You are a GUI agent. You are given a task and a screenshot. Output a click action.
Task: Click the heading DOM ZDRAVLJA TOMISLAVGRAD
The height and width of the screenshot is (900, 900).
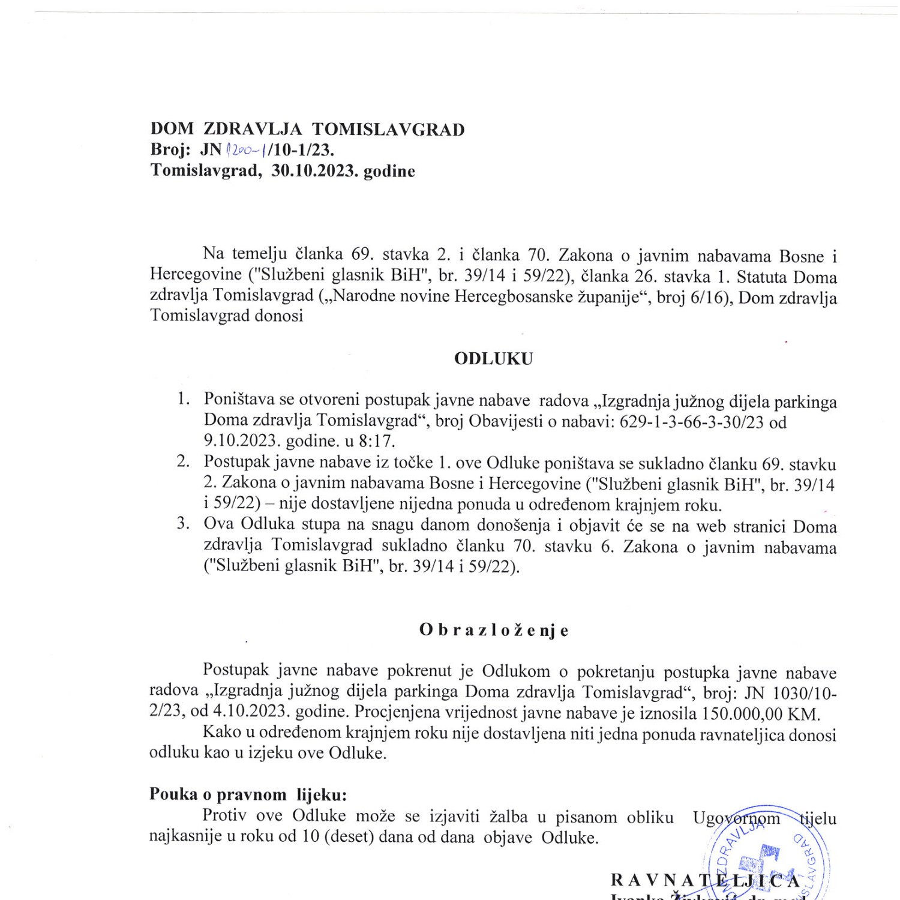point(307,130)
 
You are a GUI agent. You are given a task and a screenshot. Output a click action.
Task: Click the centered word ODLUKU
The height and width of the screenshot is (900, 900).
point(493,359)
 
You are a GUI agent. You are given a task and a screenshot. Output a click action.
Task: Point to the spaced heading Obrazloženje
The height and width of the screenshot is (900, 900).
point(493,631)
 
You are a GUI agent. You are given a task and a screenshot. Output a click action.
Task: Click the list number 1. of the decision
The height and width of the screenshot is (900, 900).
point(184,400)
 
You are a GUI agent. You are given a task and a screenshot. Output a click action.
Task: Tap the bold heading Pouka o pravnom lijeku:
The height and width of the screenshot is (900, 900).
point(248,794)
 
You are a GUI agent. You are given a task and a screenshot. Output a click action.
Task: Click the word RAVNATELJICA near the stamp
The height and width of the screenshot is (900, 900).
point(705,880)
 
